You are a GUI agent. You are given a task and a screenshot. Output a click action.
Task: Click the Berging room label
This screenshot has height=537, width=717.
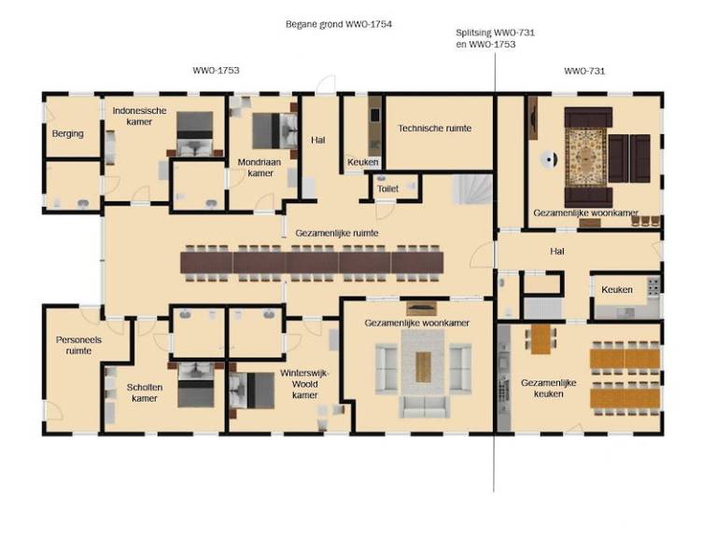[x=67, y=134]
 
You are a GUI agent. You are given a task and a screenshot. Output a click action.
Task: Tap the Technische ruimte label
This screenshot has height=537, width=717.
[x=434, y=129]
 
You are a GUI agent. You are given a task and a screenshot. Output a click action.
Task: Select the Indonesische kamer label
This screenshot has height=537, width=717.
[x=139, y=116]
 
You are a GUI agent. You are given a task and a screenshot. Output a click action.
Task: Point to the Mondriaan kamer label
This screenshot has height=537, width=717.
[x=260, y=168]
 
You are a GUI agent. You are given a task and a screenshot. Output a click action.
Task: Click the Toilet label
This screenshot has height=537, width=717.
[x=387, y=188]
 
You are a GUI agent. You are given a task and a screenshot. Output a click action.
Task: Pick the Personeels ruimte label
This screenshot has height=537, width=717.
[x=78, y=345]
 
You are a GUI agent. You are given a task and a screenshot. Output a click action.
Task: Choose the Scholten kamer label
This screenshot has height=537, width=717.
[x=145, y=392]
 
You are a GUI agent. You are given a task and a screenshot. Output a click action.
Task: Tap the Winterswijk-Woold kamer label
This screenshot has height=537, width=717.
[x=304, y=384]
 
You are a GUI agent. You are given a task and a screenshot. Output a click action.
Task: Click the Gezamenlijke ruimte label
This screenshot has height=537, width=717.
[x=337, y=233]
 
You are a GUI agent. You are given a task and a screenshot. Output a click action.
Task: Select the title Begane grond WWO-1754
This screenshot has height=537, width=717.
[x=339, y=23]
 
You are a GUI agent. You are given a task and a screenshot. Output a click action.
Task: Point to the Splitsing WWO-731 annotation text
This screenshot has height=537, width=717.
[x=495, y=33]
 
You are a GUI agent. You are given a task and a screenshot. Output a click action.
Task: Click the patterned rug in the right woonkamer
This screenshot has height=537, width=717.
[x=585, y=157]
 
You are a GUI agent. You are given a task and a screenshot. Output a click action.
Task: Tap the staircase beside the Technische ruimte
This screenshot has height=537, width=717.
[x=472, y=189]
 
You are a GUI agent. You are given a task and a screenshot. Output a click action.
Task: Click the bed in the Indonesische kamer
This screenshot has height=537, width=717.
[x=195, y=133]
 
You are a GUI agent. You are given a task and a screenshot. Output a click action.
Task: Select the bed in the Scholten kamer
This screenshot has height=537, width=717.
[x=196, y=385]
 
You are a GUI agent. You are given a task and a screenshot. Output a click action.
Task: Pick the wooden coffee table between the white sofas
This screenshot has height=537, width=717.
[x=423, y=367]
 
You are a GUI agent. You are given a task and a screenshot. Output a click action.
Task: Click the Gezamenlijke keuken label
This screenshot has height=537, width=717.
[x=548, y=388]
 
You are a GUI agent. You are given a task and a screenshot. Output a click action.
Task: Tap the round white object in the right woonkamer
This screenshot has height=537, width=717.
[x=548, y=159]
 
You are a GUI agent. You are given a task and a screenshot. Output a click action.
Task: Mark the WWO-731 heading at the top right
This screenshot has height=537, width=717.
[x=584, y=71]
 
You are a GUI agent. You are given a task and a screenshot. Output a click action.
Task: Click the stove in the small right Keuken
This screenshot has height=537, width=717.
[x=654, y=286]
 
